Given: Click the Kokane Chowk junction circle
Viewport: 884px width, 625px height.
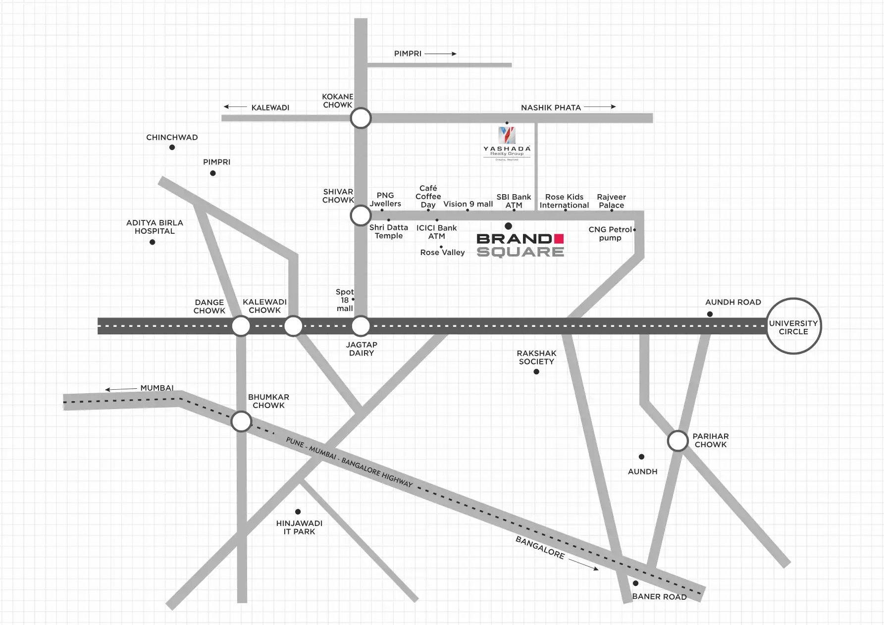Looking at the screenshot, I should click(x=361, y=118).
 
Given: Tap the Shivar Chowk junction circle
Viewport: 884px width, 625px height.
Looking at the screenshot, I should click(x=361, y=216).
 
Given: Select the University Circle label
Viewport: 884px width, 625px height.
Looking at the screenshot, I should click(x=793, y=327).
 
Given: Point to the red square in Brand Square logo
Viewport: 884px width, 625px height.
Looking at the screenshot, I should click(x=559, y=238).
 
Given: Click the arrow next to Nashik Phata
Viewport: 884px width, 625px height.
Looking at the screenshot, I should click(x=600, y=106).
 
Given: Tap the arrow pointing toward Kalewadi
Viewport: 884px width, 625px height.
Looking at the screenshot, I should click(x=235, y=106).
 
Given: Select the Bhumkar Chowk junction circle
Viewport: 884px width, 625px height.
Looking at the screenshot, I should click(x=241, y=422).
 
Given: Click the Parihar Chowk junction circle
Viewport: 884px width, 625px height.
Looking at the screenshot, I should click(x=677, y=441).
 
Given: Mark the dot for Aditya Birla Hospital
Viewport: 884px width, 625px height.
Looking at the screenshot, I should click(x=152, y=242).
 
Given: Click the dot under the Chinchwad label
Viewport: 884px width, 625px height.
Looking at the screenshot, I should click(x=172, y=148).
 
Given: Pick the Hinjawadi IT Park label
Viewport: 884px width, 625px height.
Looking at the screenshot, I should click(x=299, y=527).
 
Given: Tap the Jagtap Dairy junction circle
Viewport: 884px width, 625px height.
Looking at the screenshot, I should click(x=361, y=326).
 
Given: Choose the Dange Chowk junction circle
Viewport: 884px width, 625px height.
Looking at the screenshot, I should click(x=241, y=326).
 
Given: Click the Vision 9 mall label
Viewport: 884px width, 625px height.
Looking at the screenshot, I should click(x=468, y=204).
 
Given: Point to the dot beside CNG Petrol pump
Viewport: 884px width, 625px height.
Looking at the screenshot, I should click(x=634, y=230).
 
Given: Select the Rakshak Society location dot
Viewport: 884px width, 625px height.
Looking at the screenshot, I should click(x=536, y=371).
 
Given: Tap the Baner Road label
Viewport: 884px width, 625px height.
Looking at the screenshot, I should click(x=659, y=596).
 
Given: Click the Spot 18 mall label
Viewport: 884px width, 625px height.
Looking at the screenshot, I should click(x=345, y=300).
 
